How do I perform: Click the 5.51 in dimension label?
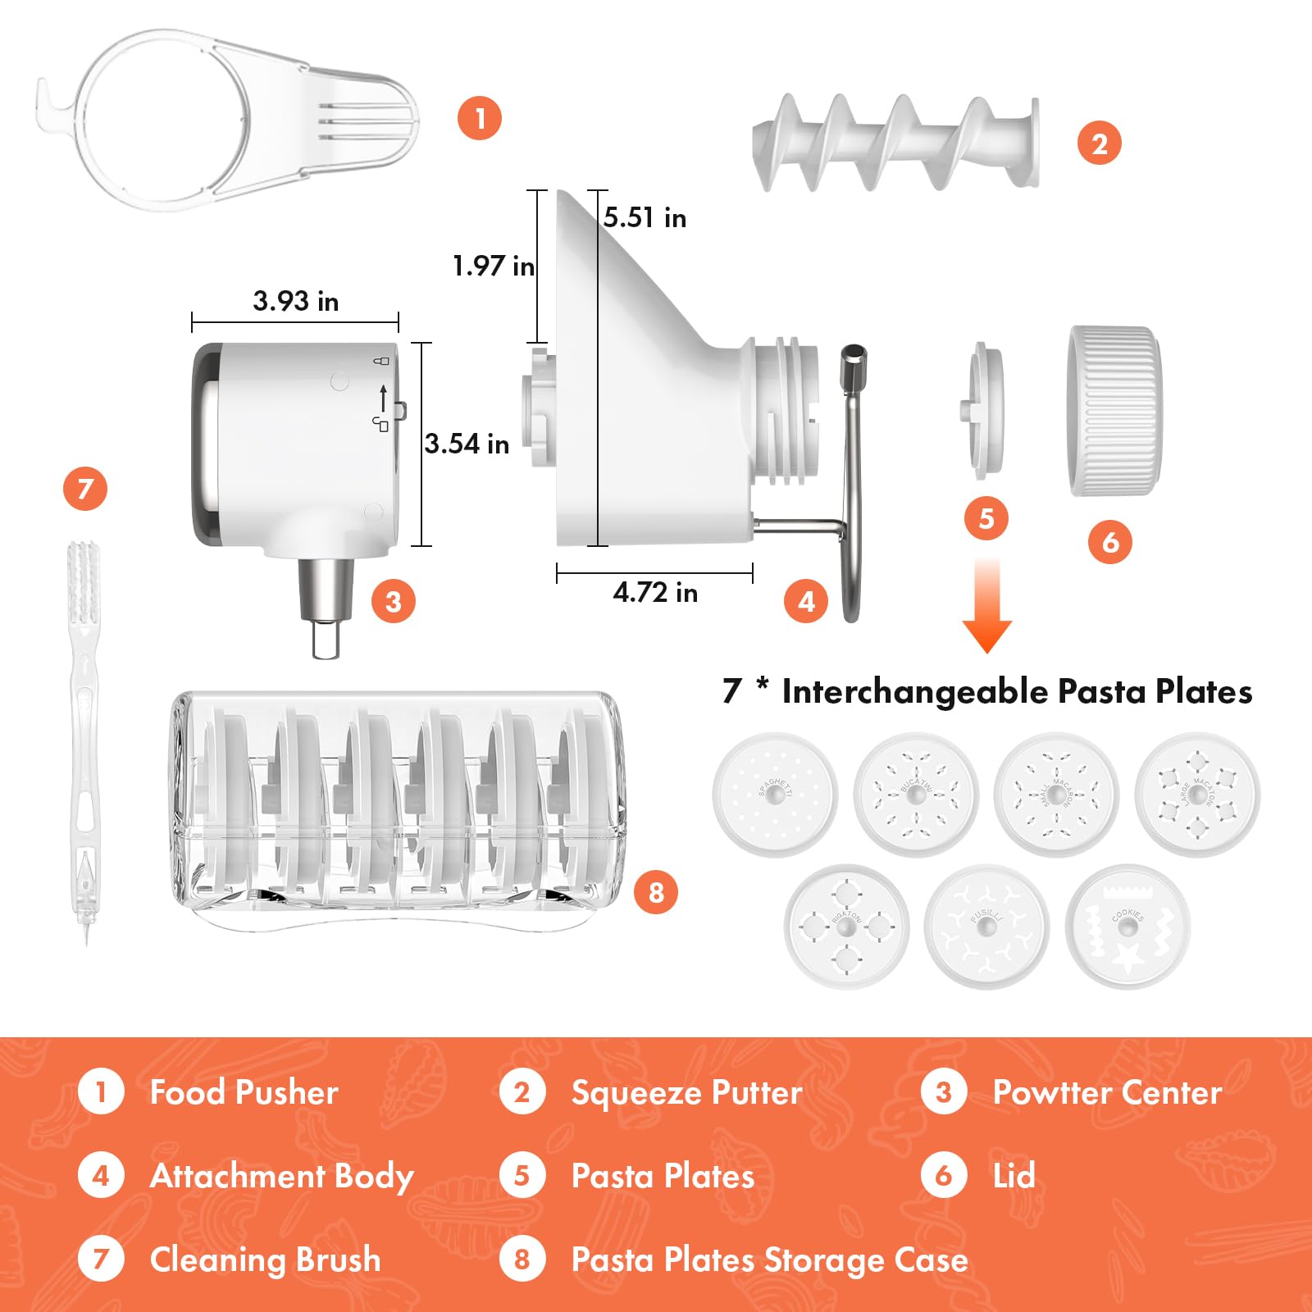click(x=645, y=218)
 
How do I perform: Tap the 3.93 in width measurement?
click(x=295, y=301)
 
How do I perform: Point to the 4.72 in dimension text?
click(x=655, y=592)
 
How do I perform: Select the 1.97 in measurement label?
click(x=493, y=266)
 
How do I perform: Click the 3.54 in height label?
click(x=467, y=444)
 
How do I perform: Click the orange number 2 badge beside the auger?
click(x=1099, y=143)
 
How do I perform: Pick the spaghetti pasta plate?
click(x=775, y=794)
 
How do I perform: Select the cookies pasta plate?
click(x=1128, y=927)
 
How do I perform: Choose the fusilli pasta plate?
click(x=987, y=927)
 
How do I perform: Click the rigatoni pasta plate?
click(x=846, y=927)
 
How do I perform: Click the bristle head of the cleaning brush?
click(x=83, y=582)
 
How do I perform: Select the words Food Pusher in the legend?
click(x=244, y=1092)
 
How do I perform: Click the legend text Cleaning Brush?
click(x=265, y=1260)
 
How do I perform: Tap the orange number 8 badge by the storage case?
click(x=656, y=892)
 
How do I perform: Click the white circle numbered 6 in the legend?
click(x=943, y=1176)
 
